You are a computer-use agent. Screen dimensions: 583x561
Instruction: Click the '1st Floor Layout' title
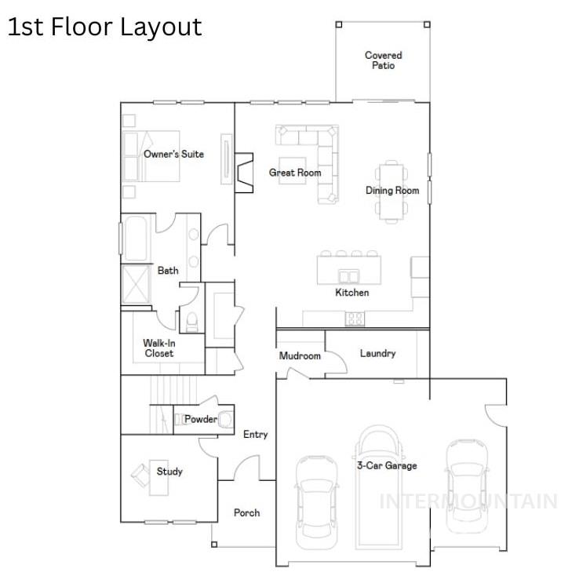[105, 27]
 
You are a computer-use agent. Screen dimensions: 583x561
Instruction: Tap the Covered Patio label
[383, 60]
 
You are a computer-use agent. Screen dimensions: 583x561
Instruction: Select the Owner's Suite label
[173, 154]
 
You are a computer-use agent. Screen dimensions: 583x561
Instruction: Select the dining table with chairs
[391, 191]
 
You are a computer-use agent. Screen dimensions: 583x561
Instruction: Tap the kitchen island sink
[349, 275]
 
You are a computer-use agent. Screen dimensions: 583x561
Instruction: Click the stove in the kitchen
[355, 319]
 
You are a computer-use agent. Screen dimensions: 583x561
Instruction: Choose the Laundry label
[377, 353]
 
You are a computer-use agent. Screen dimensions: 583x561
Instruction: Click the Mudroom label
[300, 356]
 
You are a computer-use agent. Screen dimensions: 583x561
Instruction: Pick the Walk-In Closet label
[158, 348]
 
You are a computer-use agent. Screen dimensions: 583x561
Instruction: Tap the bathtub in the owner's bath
[136, 238]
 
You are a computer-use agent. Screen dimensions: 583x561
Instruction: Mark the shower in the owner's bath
[136, 284]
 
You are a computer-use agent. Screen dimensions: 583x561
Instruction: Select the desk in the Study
[142, 474]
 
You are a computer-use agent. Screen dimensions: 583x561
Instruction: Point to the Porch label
[246, 512]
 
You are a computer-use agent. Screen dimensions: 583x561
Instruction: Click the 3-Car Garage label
[388, 465]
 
